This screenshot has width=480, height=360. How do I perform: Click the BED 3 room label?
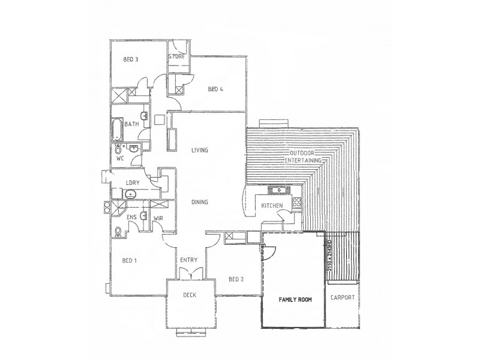(131, 59)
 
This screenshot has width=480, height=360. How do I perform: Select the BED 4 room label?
(215, 89)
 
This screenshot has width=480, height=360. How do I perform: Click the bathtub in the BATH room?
(117, 128)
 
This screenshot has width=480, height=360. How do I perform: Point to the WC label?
(119, 159)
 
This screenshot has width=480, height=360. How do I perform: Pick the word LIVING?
(199, 150)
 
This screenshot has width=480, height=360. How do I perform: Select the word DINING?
(199, 202)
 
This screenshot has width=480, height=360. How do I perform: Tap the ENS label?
(132, 218)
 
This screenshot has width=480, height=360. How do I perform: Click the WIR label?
(159, 218)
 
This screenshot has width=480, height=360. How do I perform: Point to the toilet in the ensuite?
(118, 232)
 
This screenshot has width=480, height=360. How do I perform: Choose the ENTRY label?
(190, 260)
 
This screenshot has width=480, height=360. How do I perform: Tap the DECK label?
(190, 295)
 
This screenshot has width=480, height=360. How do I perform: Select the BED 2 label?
(236, 278)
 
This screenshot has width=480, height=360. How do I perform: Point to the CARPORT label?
(343, 298)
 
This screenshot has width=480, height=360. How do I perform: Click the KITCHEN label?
(272, 206)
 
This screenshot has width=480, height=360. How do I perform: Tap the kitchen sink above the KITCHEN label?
(278, 191)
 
